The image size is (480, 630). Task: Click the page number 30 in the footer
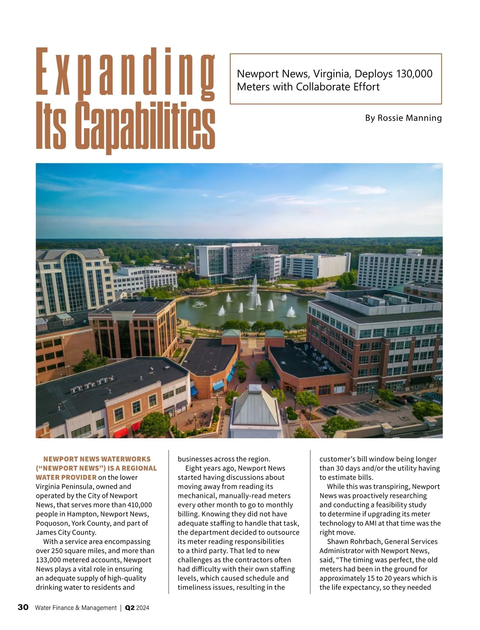pyautogui.click(x=23, y=607)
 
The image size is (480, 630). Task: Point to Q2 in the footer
pyautogui.click(x=130, y=608)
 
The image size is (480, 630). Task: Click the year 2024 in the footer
pyautogui.click(x=143, y=608)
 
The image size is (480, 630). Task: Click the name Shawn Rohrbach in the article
pyautogui.click(x=352, y=542)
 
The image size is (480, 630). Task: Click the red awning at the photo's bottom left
pyautogui.click(x=120, y=432)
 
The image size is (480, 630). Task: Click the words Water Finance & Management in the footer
pyautogui.click(x=76, y=608)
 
